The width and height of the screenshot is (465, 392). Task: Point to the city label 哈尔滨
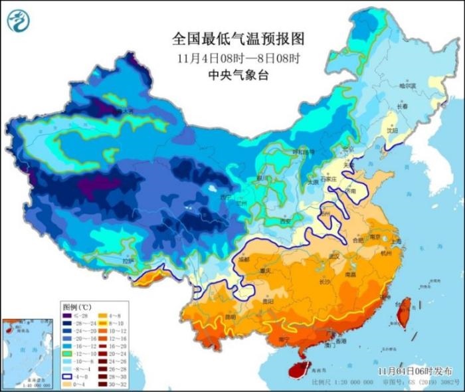407,86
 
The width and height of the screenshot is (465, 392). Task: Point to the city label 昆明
229,317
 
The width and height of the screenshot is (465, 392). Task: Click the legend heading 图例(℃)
77,308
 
